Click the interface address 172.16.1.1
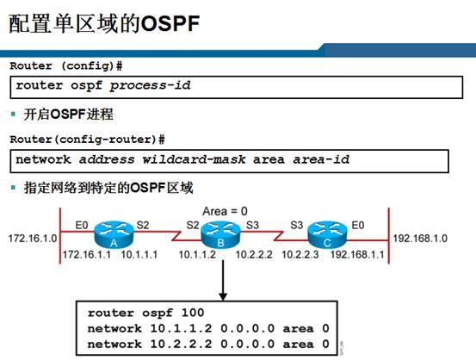click(86, 256)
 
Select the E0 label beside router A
click(82, 227)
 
